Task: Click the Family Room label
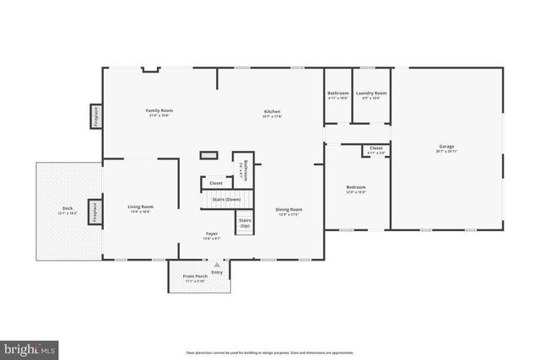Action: point(159,110)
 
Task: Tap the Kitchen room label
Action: point(272,111)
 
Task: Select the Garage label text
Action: point(446,147)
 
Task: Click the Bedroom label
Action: point(356,187)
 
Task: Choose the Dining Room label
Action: point(289,209)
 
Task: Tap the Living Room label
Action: point(141,207)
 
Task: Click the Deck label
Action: point(67,208)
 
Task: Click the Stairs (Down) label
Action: point(227,199)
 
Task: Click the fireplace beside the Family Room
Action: point(95,116)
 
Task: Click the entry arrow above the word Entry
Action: point(217,264)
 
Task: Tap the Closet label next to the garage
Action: point(376,148)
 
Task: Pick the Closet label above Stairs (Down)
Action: point(216,182)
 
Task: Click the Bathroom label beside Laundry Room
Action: point(338,93)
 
